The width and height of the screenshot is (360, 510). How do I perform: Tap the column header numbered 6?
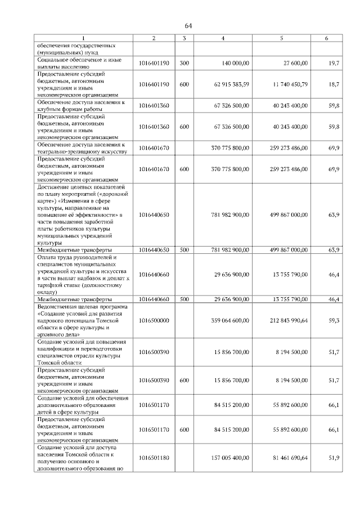[x=327, y=38]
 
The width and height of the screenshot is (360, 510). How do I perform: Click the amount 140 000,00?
[x=232, y=62]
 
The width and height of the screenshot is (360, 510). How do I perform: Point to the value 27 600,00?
[x=292, y=62]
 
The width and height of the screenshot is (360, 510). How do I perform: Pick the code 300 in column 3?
[x=184, y=62]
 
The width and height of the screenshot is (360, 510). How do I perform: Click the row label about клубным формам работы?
[x=84, y=105]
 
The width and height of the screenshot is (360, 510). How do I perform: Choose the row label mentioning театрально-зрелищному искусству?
[x=84, y=147]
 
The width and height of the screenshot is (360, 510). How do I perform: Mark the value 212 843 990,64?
[x=287, y=320]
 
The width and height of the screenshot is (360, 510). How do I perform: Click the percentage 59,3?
[x=334, y=320]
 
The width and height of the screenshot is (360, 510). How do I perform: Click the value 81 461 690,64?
[x=289, y=458]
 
